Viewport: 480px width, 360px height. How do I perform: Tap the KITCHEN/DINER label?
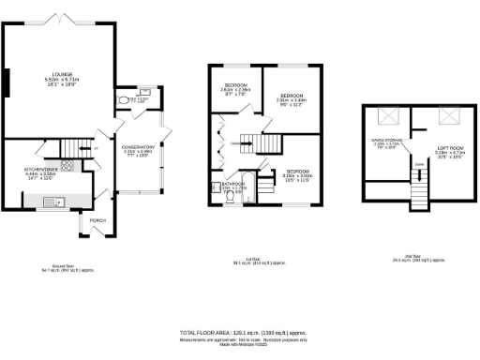coord(41,170)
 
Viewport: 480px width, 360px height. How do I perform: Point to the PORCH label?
coord(97,221)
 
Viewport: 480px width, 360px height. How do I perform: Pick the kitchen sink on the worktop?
coord(55,199)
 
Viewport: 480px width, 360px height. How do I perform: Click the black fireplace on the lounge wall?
coord(7,82)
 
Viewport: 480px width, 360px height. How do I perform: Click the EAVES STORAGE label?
coord(385,143)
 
